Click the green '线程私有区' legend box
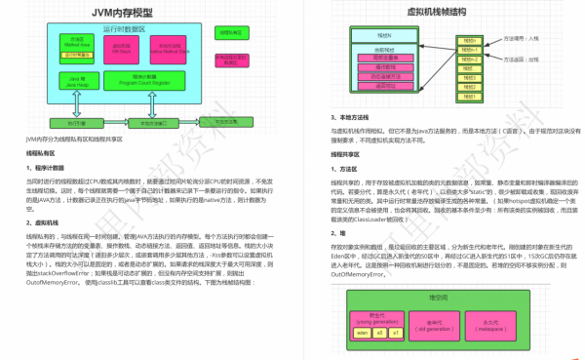pyautogui.click(x=229, y=31)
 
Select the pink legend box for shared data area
pyautogui.click(x=229, y=64)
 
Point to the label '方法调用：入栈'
pyautogui.click(x=526, y=37)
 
